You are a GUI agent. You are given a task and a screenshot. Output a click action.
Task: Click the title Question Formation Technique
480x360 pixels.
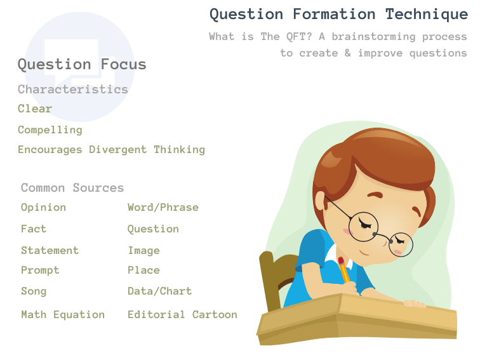tap(338, 14)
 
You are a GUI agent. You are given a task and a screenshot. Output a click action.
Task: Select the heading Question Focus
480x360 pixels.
tap(82, 64)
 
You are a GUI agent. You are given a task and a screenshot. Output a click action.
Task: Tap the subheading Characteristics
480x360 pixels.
tap(73, 89)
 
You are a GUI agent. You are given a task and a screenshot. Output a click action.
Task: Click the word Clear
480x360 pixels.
tap(35, 109)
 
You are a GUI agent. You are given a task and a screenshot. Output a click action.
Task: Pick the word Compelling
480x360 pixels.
tap(50, 130)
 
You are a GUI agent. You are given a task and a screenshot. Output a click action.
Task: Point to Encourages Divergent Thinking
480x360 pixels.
tap(111, 150)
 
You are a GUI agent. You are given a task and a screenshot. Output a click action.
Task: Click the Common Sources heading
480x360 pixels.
tap(72, 188)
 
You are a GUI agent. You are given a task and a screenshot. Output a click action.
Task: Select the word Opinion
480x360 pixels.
tap(43, 208)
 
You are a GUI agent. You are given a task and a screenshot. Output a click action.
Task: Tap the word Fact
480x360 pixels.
tap(34, 229)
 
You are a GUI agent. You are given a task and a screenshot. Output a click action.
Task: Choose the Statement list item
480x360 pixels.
tap(50, 250)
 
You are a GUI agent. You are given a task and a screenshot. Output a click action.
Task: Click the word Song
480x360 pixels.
tap(34, 291)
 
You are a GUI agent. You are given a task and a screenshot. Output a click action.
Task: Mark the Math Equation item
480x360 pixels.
tap(63, 314)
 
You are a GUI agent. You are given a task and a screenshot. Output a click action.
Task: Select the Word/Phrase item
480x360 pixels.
tap(163, 208)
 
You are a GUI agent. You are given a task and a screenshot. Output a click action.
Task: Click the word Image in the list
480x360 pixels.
tap(143, 251)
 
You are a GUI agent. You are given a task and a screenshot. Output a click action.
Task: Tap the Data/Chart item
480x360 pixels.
tap(159, 291)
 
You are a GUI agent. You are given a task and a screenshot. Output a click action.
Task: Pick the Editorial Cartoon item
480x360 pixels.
tap(182, 314)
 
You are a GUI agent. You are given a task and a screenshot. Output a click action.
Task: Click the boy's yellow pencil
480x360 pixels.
tap(343, 270)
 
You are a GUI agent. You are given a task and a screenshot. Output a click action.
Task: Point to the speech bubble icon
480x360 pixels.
tap(71, 60)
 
